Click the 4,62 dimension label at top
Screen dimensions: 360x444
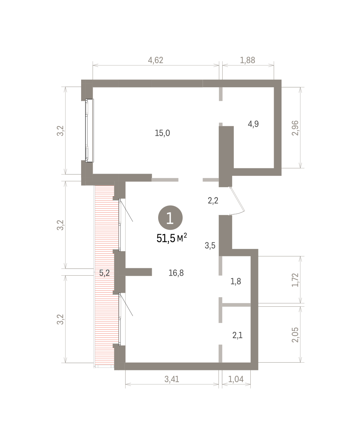[156, 60]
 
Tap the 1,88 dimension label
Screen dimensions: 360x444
[247, 60]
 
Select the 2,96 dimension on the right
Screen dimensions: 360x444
[295, 128]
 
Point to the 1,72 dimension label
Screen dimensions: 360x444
[295, 280]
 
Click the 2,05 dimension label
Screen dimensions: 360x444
[295, 335]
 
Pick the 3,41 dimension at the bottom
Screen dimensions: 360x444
[172, 379]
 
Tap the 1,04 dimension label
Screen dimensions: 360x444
[236, 379]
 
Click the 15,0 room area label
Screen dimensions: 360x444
[162, 133]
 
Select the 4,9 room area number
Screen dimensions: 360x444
[253, 124]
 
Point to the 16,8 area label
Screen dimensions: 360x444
[176, 273]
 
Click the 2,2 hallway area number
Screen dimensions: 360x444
[213, 201]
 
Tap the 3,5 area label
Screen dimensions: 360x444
[210, 246]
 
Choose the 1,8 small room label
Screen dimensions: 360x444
[236, 282]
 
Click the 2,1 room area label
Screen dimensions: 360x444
[237, 335]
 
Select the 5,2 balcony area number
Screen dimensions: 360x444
[104, 273]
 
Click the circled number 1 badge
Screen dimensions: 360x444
[170, 218]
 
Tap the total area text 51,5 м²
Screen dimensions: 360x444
[171, 238]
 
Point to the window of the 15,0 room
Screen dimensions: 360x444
[90, 131]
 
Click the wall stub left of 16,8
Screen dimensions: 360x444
[139, 272]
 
